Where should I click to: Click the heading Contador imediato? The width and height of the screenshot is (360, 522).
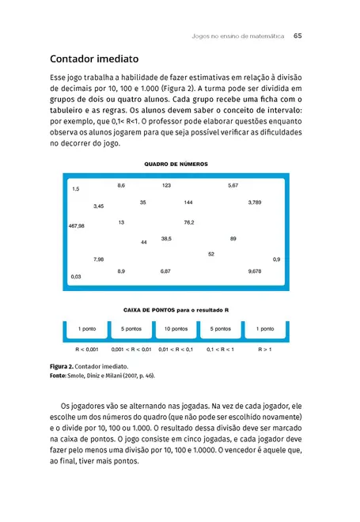coord(94,59)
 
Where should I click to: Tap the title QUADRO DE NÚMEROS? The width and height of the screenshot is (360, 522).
coord(176,165)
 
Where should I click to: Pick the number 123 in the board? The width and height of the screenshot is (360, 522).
coord(166,185)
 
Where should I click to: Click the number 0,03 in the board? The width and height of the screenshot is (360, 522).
coord(76,277)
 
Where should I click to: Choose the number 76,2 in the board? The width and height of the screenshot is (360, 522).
coord(189,223)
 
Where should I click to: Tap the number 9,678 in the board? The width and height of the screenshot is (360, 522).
coord(255,271)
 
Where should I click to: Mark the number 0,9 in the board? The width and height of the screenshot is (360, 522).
coord(276,259)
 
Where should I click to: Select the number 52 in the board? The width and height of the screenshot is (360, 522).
coord(211,254)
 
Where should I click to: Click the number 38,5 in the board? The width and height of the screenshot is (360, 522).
coord(166,238)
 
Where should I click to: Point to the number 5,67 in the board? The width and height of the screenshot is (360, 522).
coord(233,185)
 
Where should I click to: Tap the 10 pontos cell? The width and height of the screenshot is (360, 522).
coord(176,328)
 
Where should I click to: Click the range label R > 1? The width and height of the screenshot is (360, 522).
coord(265,348)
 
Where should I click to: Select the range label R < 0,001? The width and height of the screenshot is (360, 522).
coord(87,348)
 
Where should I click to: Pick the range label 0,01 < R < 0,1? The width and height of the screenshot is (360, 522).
coord(176,348)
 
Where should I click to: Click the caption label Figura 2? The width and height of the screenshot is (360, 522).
coord(64,368)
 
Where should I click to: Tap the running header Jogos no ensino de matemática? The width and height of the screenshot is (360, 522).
coord(237,36)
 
